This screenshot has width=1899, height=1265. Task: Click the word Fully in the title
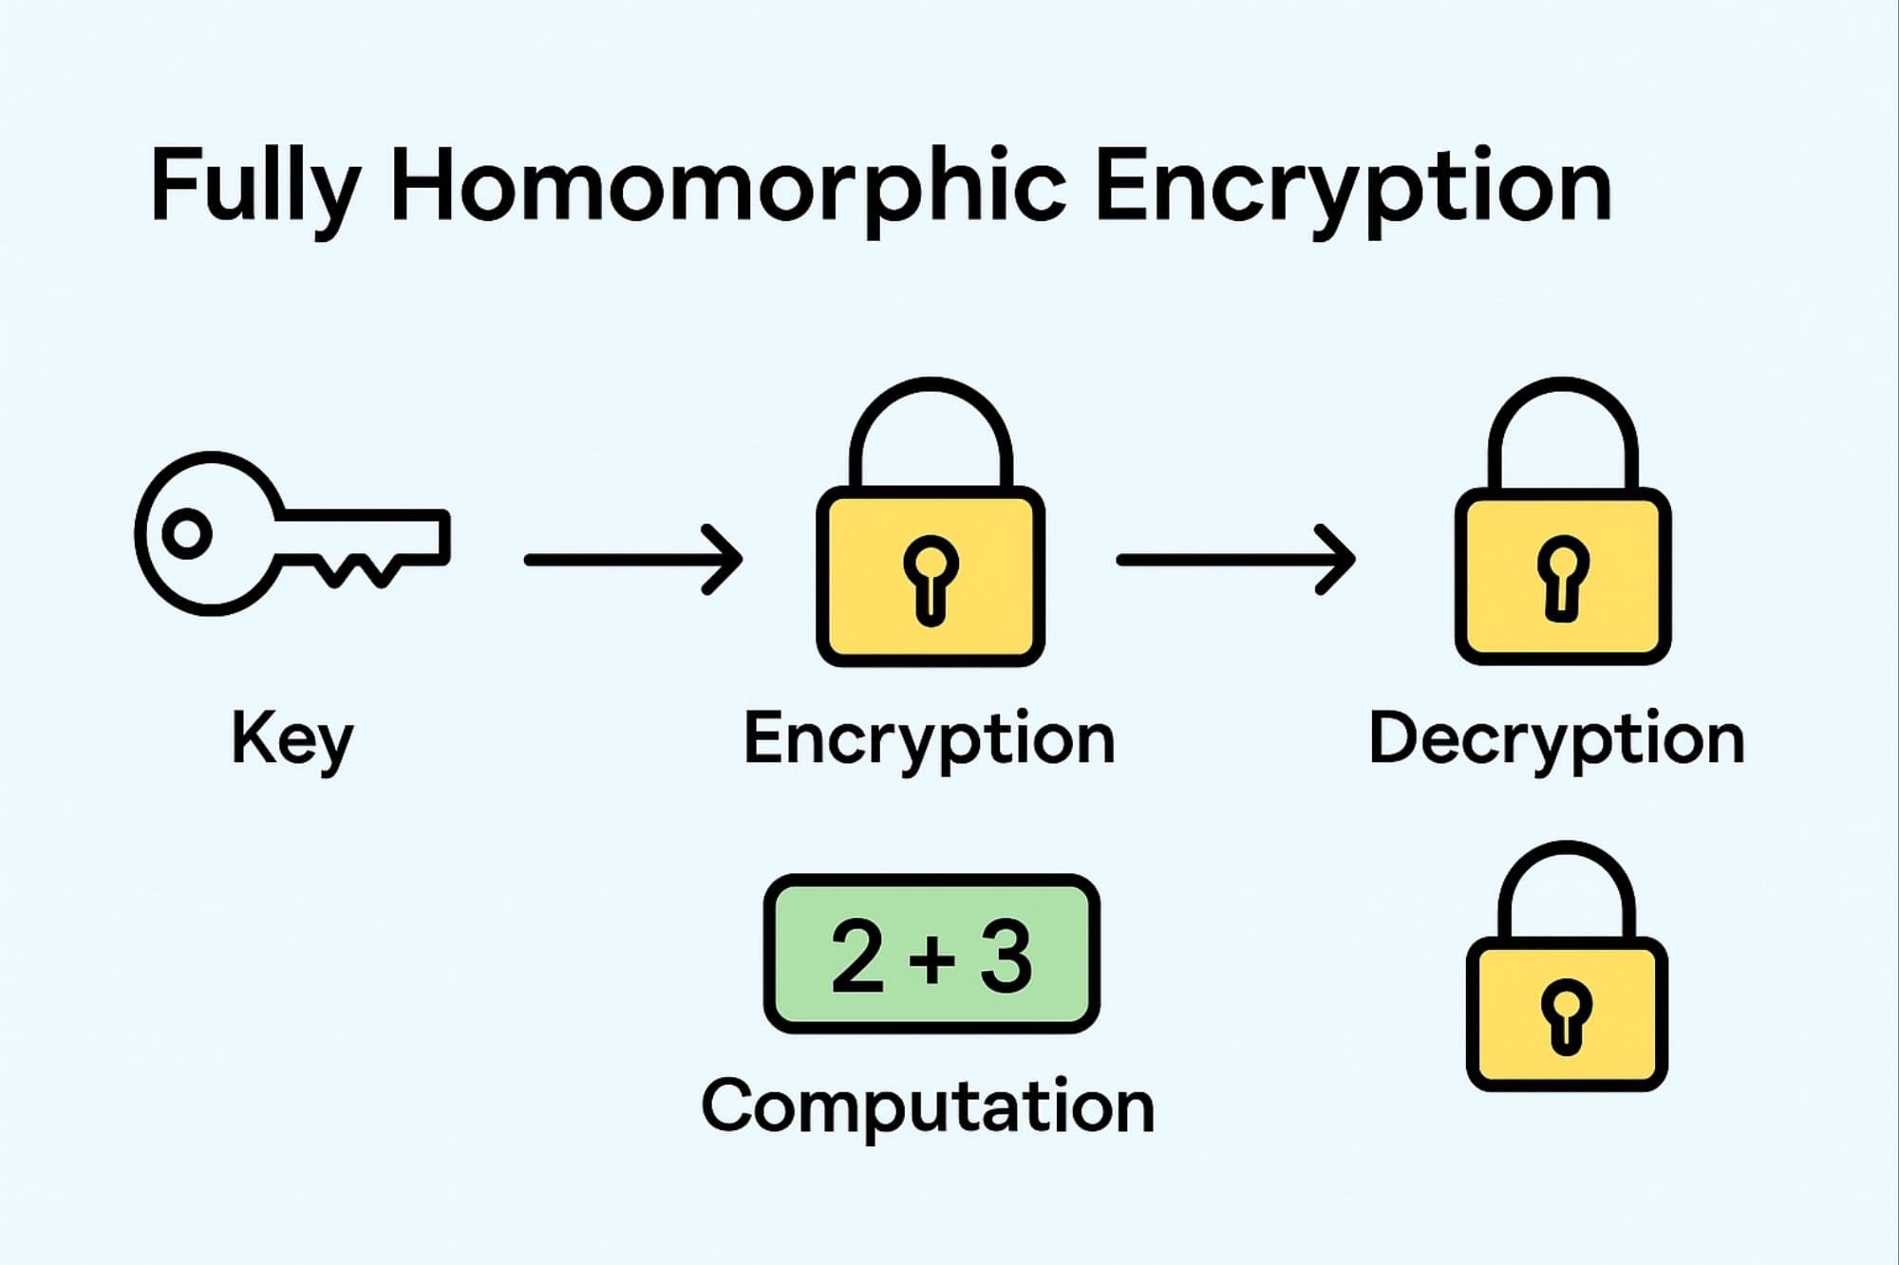pyautogui.click(x=254, y=186)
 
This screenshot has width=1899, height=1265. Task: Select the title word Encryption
pyautogui.click(x=1353, y=186)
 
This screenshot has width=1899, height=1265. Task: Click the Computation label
pyautogui.click(x=928, y=1107)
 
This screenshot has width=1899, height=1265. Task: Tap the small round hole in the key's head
pyautogui.click(x=187, y=533)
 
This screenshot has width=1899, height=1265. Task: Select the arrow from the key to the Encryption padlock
pyautogui.click(x=632, y=560)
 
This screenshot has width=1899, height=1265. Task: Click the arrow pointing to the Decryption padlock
pyautogui.click(x=1234, y=560)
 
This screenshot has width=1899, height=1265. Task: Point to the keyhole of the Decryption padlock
pyautogui.click(x=1563, y=575)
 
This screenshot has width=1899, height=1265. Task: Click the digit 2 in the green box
pyautogui.click(x=857, y=957)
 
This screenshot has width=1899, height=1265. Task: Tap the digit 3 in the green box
pyautogui.click(x=1006, y=957)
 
